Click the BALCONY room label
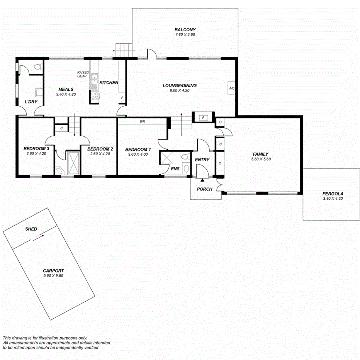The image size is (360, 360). coord(185,30)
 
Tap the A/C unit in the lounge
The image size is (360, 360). coord(232,88)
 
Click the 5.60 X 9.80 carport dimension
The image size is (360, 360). coord(53,276)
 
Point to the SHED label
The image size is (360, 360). coord(31,229)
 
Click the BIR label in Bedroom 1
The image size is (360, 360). coord(143,121)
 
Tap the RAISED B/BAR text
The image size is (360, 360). coord(83,74)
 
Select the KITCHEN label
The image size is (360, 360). coord(109,83)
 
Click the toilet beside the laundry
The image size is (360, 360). coord(37,68)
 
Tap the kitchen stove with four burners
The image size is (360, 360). coord(95,95)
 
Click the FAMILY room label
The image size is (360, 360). coord(260,154)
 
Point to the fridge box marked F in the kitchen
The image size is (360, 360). coord(122,98)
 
